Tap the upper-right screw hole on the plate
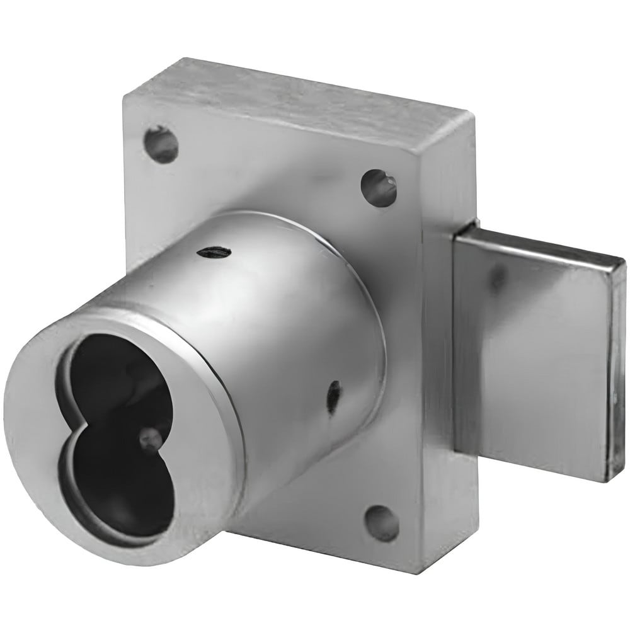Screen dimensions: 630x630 379,186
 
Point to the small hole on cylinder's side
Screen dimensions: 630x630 335,395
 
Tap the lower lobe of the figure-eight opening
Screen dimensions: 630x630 123,485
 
